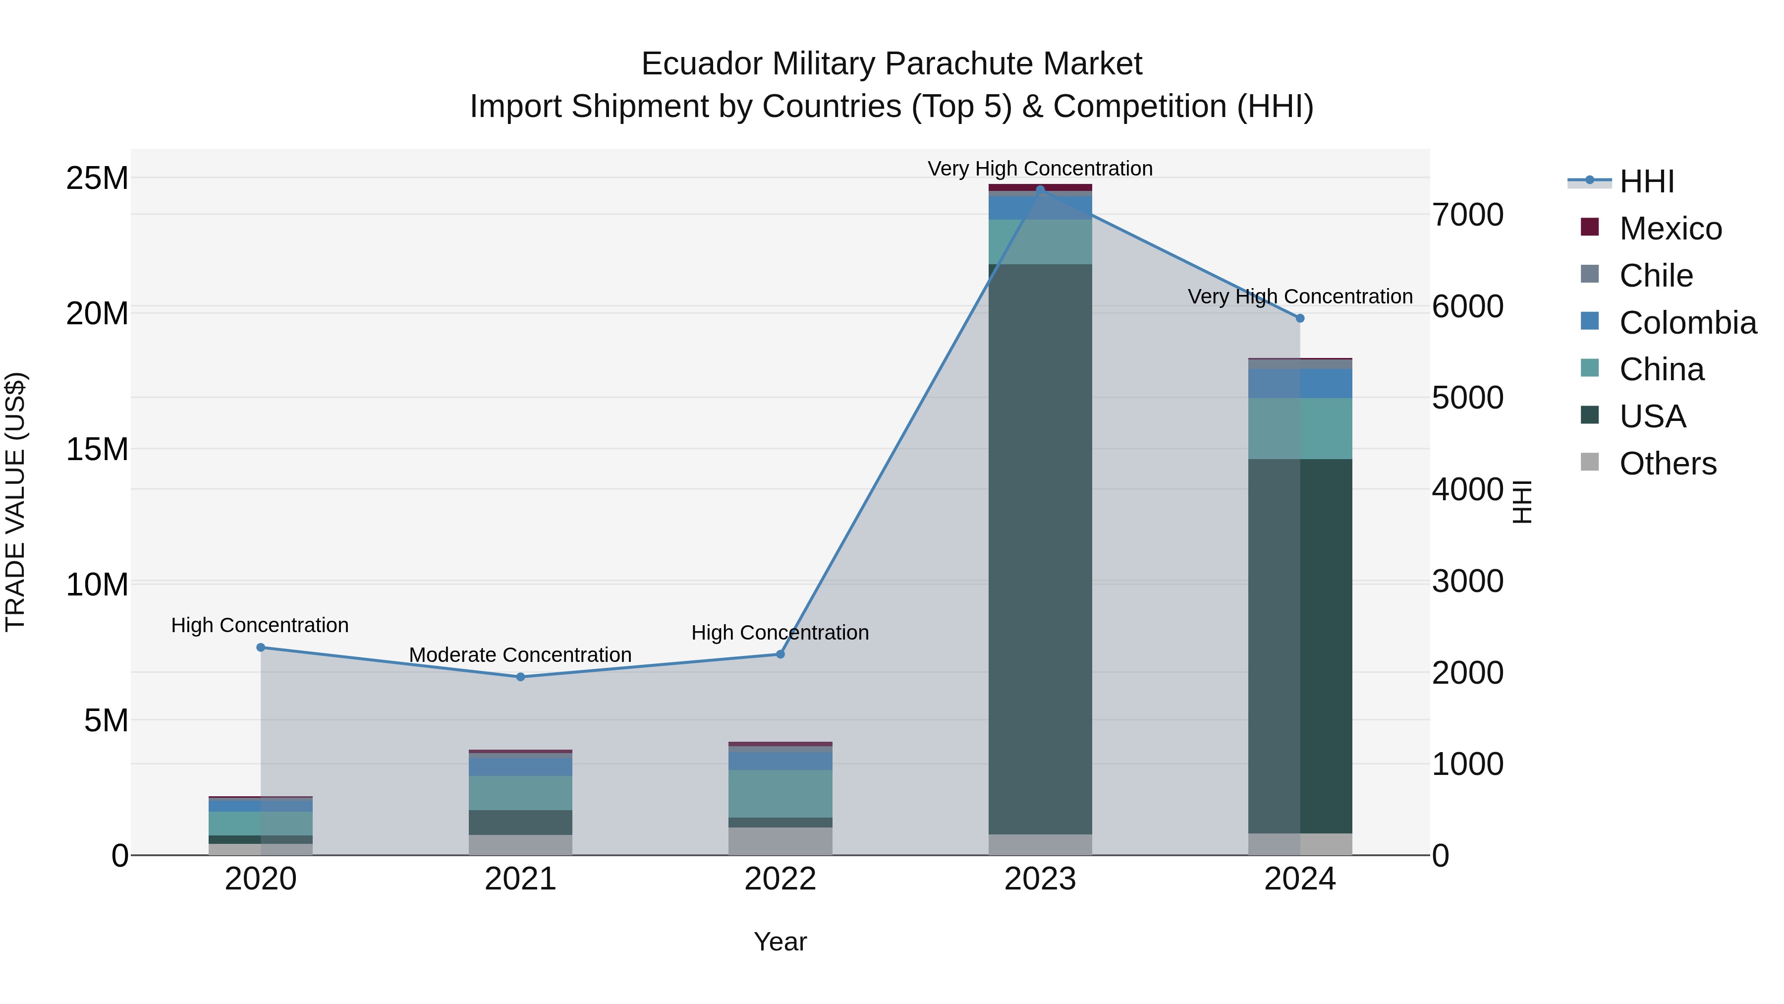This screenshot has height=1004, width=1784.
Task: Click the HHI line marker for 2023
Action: coord(1040,189)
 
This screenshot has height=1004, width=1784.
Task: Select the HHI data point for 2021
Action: coord(521,677)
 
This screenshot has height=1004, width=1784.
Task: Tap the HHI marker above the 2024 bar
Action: coord(1300,318)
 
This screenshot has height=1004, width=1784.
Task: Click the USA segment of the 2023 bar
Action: coord(1040,547)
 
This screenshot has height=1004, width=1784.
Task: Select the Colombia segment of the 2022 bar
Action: coord(780,761)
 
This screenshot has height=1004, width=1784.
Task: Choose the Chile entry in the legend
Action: coord(1655,276)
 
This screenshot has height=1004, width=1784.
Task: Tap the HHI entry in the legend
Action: coord(1646,181)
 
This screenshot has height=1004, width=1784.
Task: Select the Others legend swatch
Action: coord(1590,462)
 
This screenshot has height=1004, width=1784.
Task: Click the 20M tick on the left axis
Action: coord(97,314)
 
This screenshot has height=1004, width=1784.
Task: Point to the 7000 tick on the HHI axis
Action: coord(1467,215)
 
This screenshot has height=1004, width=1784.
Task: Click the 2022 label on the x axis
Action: coord(780,879)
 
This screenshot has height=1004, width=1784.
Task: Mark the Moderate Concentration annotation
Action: coord(520,655)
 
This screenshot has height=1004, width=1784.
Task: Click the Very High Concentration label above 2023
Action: coord(1040,169)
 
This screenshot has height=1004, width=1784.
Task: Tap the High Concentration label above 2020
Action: coord(260,625)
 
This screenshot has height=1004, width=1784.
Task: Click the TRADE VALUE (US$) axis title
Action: coord(15,502)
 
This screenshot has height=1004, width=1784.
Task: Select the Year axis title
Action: coord(780,942)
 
